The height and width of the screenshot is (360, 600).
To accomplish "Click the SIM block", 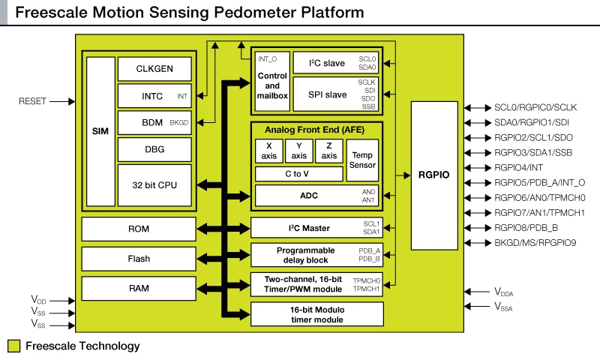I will point(100,130).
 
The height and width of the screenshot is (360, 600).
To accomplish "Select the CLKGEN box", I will point(155,69).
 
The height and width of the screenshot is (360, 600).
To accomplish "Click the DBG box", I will point(155,149).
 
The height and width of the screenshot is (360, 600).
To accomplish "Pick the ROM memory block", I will point(139,229).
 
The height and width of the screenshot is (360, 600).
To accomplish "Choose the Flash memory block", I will point(139,259).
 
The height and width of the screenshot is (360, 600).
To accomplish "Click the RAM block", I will point(139,288).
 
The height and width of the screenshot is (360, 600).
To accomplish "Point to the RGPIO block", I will point(433,175).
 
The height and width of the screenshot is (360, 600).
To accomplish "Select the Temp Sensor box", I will point(362,160).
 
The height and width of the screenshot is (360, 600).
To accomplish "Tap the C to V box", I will point(298,174).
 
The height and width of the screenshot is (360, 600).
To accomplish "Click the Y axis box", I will point(298,151).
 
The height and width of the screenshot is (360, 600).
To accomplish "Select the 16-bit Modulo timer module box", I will point(317,313).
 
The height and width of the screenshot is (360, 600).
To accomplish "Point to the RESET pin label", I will point(32,100).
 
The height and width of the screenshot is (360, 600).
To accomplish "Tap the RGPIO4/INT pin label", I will point(517,167).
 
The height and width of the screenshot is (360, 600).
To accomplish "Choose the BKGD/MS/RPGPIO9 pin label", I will point(535,243).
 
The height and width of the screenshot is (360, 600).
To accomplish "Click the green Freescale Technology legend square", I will point(13,346).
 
